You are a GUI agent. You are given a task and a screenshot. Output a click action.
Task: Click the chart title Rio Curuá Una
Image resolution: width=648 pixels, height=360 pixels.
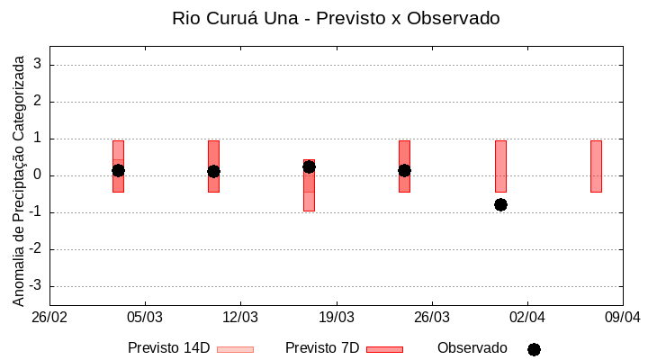click(x=336, y=18)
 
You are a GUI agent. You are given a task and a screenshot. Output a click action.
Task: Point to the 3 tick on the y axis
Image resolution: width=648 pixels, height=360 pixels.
click(x=38, y=65)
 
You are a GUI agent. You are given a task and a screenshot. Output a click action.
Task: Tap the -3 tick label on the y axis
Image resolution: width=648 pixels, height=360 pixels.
click(x=35, y=286)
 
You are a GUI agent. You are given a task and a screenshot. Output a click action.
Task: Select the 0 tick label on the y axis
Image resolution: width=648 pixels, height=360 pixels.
click(x=38, y=175)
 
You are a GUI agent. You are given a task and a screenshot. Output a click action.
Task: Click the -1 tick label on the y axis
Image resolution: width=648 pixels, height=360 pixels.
click(x=35, y=212)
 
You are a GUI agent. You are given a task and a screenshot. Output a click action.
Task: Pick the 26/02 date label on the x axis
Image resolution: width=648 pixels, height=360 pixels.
click(x=49, y=318)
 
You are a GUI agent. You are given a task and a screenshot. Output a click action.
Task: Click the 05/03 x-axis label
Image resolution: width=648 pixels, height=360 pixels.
click(x=145, y=318)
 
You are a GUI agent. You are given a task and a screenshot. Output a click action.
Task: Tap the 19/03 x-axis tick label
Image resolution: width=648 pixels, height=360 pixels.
click(x=336, y=318)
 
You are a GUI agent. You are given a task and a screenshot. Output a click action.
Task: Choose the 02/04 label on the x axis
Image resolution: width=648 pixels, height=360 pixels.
click(x=527, y=318)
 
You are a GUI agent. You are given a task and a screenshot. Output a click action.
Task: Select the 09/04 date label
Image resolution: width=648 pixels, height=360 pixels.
click(x=623, y=318)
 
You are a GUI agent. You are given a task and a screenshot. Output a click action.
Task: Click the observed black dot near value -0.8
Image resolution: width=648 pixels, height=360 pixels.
click(x=500, y=204)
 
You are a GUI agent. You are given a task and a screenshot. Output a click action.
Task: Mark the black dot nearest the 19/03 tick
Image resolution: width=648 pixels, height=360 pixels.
click(x=309, y=166)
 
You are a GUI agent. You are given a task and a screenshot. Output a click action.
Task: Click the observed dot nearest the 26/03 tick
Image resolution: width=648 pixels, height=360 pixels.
click(x=404, y=170)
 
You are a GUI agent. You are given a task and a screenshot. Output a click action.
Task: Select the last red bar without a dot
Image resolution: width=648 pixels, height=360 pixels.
click(x=596, y=166)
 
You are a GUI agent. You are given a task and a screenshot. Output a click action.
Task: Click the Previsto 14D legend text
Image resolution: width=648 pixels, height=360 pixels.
click(x=168, y=348)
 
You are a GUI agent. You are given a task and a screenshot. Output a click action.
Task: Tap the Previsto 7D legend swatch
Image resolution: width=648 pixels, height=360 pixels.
click(x=384, y=349)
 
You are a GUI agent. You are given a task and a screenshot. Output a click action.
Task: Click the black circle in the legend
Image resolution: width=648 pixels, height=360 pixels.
click(x=534, y=349)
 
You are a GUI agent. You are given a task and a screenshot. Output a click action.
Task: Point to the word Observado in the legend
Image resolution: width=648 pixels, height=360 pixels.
click(x=472, y=348)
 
